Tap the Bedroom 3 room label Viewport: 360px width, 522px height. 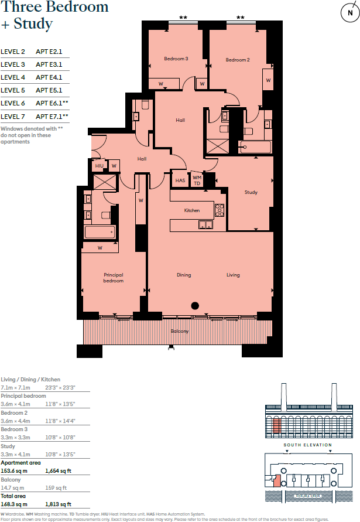pyautogui.click(x=176, y=59)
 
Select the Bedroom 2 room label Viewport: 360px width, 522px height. pyautogui.click(x=238, y=60)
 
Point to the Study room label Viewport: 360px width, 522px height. pyautogui.click(x=251, y=192)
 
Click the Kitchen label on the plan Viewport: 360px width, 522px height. pyautogui.click(x=192, y=210)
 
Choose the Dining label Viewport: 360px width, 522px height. pyautogui.click(x=184, y=275)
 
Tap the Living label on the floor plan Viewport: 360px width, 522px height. pyautogui.click(x=234, y=275)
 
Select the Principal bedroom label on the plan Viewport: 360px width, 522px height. pyautogui.click(x=114, y=278)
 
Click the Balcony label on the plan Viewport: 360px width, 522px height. pyautogui.click(x=180, y=332)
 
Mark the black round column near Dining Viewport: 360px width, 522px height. pyautogui.click(x=196, y=305)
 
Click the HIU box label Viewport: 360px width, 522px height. pyautogui.click(x=99, y=166)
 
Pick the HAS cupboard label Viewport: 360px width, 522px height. pyautogui.click(x=180, y=180)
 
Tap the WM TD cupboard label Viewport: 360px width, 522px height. pyautogui.click(x=197, y=180)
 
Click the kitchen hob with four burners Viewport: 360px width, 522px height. pyautogui.click(x=220, y=210)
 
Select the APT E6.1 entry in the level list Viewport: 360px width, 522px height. pyautogui.click(x=52, y=103)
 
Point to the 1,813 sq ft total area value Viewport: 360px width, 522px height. pyautogui.click(x=58, y=504)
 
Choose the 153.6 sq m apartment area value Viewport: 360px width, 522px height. pyautogui.click(x=13, y=470)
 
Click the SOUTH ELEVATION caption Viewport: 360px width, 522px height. pyautogui.click(x=307, y=445)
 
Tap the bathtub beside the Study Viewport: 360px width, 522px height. pyautogui.click(x=256, y=148)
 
